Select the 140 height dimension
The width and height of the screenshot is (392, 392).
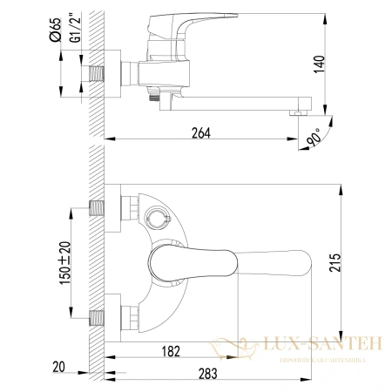pos(343,62)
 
